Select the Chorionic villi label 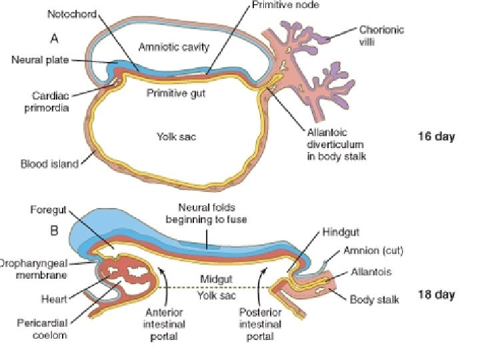(381, 35)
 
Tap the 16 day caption (436, 137)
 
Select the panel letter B (55, 231)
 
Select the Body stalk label (374, 299)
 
